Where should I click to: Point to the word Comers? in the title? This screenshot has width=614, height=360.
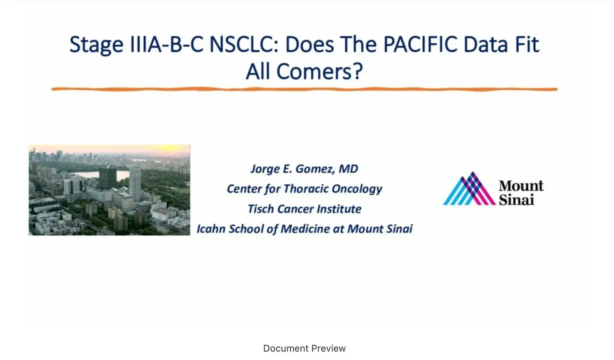(x=319, y=71)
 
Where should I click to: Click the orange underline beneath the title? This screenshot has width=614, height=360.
(x=304, y=89)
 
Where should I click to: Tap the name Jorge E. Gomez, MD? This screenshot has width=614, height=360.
(x=304, y=169)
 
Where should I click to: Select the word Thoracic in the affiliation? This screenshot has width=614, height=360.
(x=306, y=189)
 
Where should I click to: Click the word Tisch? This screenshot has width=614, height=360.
(x=261, y=209)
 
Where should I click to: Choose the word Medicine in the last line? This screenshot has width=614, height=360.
(x=305, y=229)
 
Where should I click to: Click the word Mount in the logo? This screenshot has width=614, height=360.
(x=521, y=185)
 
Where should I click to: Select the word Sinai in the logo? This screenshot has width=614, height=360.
(x=516, y=200)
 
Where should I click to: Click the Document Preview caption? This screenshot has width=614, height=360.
(x=304, y=348)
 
